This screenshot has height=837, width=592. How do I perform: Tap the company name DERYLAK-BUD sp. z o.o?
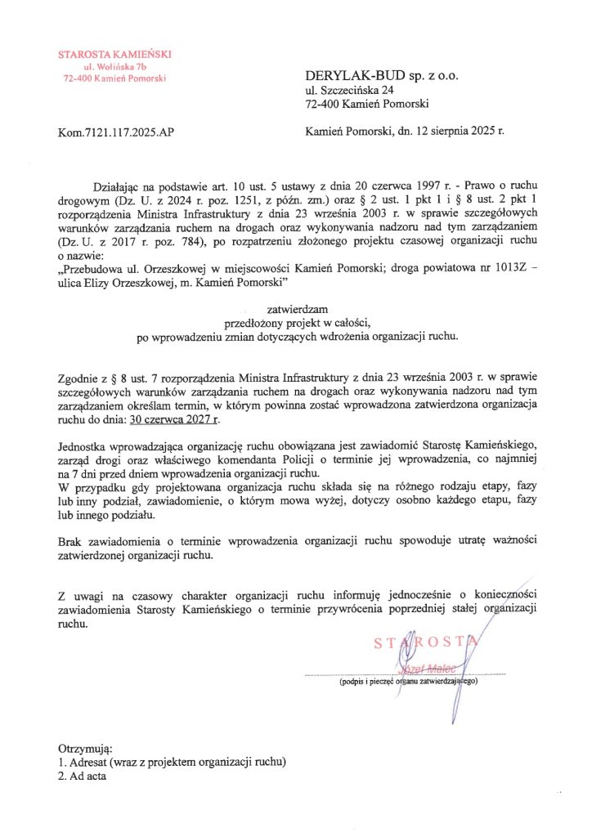[x=382, y=75]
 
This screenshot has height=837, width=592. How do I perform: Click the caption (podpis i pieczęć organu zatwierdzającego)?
[x=408, y=680]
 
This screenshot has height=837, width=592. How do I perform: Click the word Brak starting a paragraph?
[x=71, y=542]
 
